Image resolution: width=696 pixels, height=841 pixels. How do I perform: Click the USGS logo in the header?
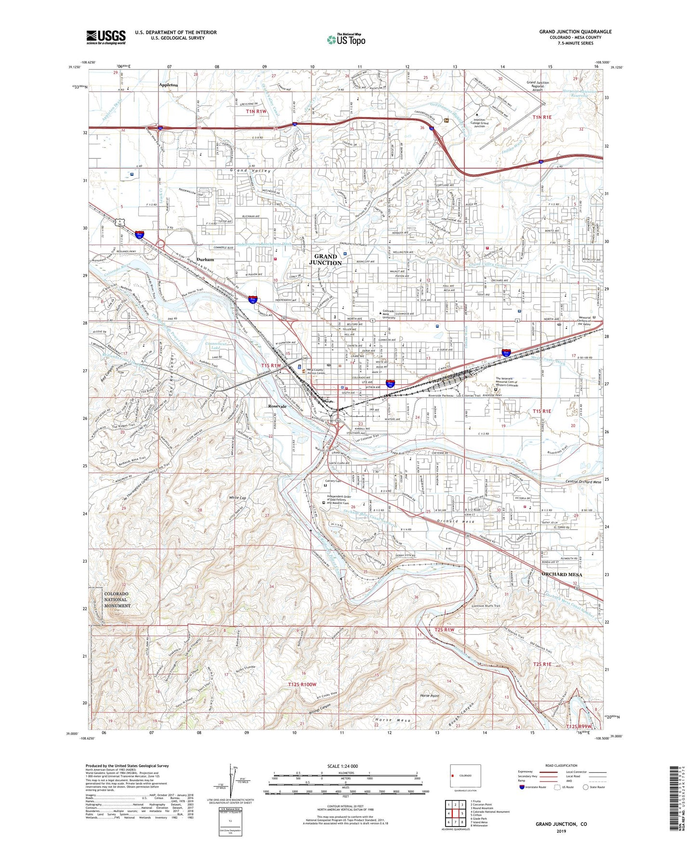pyautogui.click(x=106, y=37)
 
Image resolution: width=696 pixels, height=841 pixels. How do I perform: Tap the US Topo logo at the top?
pyautogui.click(x=346, y=40)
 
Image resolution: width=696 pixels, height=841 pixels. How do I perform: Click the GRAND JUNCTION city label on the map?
pyautogui.click(x=328, y=260)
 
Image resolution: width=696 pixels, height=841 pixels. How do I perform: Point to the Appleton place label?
pyautogui.click(x=168, y=85)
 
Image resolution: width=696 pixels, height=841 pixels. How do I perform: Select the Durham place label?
pyautogui.click(x=205, y=260)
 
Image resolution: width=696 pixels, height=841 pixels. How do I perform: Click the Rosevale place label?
pyautogui.click(x=277, y=406)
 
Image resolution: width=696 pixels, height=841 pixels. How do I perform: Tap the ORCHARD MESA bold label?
pyautogui.click(x=562, y=575)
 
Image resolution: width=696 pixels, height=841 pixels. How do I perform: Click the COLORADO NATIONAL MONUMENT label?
pyautogui.click(x=117, y=600)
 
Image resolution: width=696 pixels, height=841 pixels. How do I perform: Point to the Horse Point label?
pyautogui.click(x=430, y=696)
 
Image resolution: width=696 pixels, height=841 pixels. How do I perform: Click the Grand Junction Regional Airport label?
pyautogui.click(x=538, y=86)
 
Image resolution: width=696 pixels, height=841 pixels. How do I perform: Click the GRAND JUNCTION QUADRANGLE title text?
pyautogui.click(x=575, y=32)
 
